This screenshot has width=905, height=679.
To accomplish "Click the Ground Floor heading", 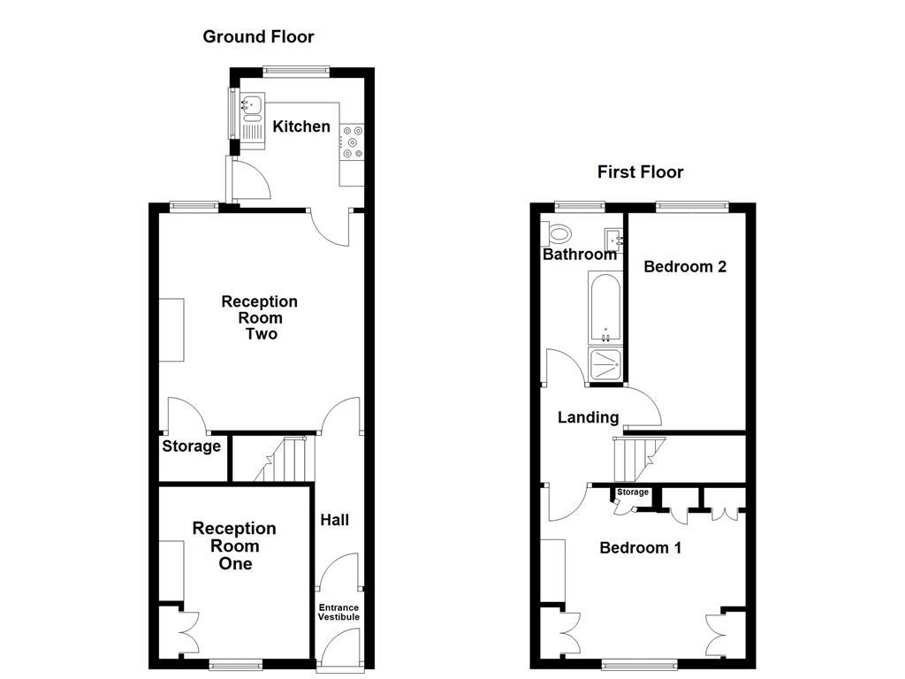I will pyautogui.click(x=258, y=36).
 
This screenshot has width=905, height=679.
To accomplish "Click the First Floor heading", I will pyautogui.click(x=640, y=172).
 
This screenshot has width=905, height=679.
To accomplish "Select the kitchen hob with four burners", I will pyautogui.click(x=354, y=143).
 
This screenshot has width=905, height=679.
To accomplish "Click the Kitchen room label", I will pyautogui.click(x=301, y=126).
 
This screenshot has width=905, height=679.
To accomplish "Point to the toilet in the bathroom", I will pyautogui.click(x=559, y=233).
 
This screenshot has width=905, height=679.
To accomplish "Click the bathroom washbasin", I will pyautogui.click(x=614, y=239).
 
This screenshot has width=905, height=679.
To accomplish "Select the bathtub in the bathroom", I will pyautogui.click(x=605, y=307).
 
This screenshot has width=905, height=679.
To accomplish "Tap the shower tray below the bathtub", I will pyautogui.click(x=605, y=364).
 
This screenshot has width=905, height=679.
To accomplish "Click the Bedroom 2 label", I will pyautogui.click(x=685, y=266).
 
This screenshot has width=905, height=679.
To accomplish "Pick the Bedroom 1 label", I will pyautogui.click(x=640, y=547).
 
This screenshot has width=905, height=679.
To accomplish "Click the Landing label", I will pyautogui.click(x=588, y=417).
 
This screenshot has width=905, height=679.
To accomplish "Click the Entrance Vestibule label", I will pyautogui.click(x=338, y=612).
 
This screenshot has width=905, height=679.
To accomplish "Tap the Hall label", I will pyautogui.click(x=334, y=520).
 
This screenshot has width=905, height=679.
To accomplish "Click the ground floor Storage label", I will pyautogui.click(x=191, y=446).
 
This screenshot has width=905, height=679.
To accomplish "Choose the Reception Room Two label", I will pyautogui.click(x=259, y=317).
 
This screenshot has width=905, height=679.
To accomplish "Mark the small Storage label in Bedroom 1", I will pyautogui.click(x=633, y=492).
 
